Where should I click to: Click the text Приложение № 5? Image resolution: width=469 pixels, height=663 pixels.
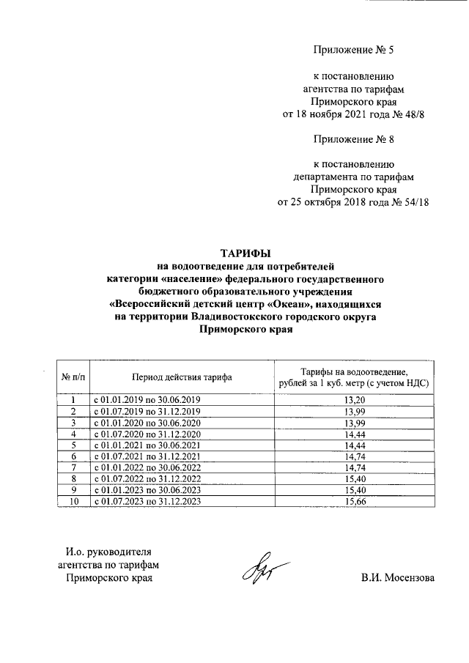354,51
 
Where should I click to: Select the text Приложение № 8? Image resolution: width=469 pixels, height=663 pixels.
354,139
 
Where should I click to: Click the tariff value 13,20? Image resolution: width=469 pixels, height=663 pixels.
353,399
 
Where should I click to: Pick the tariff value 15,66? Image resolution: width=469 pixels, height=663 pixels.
353,501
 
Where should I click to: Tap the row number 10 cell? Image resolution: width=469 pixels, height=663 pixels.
73,501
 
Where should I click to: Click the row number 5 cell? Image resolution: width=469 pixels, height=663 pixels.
73,445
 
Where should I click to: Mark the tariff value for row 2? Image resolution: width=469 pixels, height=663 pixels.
353,411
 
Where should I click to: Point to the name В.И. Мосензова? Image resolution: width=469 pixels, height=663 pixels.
397,578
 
